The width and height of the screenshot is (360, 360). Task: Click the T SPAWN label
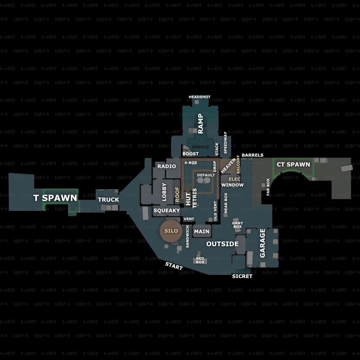[55, 198]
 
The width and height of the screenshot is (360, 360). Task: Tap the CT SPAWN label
[293, 164]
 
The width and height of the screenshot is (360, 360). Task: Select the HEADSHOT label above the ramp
[199, 97]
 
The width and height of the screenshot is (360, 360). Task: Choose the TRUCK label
[108, 200]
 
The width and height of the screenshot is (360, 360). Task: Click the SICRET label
[242, 276]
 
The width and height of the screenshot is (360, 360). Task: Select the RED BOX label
[200, 260]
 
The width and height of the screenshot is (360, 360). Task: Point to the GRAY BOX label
[237, 225]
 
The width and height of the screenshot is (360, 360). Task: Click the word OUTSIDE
[222, 244]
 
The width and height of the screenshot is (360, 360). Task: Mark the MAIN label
[201, 231]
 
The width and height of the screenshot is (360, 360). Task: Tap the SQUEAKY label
[167, 211]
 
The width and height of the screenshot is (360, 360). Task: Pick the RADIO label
[166, 166]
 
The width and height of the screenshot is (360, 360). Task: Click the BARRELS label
[252, 155]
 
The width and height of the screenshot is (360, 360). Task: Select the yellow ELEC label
[234, 179]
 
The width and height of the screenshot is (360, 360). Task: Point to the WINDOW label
[232, 185]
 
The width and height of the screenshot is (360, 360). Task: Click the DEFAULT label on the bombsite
[206, 175]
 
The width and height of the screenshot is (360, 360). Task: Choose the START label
[174, 266]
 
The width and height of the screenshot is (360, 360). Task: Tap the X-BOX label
[191, 163]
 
